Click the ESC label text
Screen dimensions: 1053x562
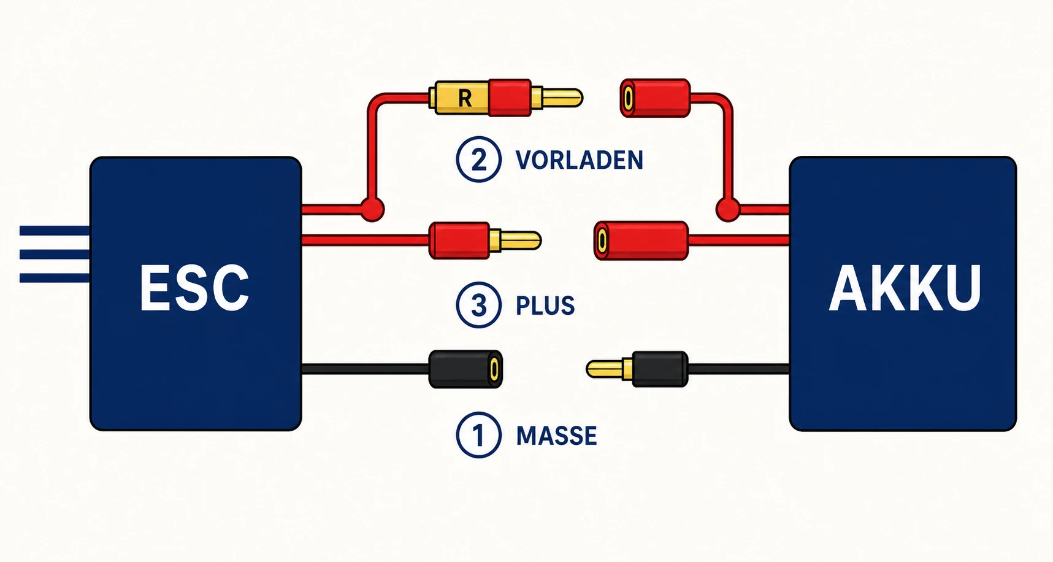coord(194,288)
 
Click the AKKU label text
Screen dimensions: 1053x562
coord(905,288)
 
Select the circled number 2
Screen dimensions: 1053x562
coord(478,160)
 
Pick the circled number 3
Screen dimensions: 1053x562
coord(478,305)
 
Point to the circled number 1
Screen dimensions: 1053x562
coord(478,435)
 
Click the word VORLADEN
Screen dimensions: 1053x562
coord(579,160)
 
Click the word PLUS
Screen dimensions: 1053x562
coord(545,306)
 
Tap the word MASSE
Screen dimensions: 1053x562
coord(556,436)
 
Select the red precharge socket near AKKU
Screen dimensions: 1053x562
coord(655,98)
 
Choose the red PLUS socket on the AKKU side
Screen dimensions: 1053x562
coord(641,241)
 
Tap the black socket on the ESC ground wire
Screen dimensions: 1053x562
coord(465,369)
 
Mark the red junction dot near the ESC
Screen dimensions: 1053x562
coord(371,209)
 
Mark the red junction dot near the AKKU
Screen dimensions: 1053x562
coord(728,209)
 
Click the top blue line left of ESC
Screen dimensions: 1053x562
coord(55,231)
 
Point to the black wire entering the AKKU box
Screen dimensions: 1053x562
coord(738,369)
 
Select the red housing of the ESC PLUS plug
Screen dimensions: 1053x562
coord(459,241)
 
